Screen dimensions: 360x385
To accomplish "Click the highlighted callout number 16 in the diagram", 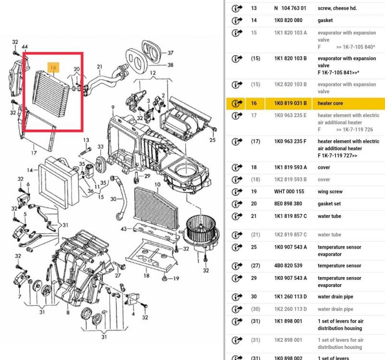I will point(53,68).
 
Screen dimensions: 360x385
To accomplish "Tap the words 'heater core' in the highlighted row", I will point(330,103).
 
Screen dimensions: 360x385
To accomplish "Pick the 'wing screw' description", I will point(330,192).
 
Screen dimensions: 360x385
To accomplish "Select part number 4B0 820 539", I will point(288,265).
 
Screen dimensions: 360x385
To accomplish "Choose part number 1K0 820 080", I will point(288,21).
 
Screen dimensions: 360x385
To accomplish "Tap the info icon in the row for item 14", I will point(236,21).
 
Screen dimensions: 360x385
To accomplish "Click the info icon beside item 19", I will point(236,192).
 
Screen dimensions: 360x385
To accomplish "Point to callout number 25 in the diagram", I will point(213,140).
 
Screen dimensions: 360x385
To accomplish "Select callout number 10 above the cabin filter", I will point(157,184).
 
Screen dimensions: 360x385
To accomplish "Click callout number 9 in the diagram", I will point(113,107).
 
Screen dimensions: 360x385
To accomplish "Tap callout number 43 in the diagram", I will point(124,228).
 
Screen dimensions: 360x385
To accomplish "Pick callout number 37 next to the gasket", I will point(170,53).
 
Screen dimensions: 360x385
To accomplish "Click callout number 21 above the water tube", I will point(99,66).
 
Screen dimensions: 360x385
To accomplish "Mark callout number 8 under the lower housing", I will point(68,313).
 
